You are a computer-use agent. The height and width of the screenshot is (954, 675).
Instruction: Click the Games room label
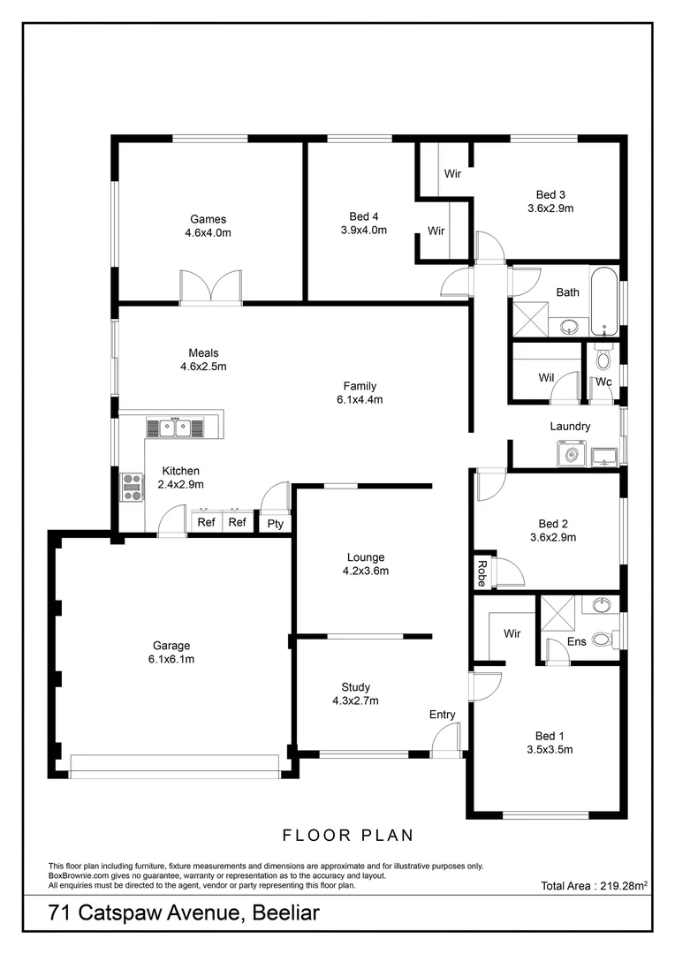point(208,219)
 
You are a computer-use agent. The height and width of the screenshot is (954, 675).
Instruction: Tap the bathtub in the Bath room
point(603,301)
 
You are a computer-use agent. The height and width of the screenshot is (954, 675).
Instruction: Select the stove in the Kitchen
point(132,488)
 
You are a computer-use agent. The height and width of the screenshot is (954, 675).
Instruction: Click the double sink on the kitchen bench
point(175,428)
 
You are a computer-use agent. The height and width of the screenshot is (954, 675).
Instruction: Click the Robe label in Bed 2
point(482,573)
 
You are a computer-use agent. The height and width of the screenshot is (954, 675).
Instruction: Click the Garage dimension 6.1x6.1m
point(171,659)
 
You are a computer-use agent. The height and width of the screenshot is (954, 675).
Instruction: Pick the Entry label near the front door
point(443,715)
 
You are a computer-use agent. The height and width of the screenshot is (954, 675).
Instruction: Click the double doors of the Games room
point(210,288)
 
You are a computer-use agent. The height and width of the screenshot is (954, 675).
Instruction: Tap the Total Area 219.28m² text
point(595,885)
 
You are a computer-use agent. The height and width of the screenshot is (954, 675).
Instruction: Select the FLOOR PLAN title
point(348,835)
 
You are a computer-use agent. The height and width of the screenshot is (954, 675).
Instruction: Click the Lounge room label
point(366,557)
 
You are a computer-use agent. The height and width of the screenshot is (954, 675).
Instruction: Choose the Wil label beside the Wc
point(546,378)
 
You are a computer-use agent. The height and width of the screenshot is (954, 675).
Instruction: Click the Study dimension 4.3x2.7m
point(355,701)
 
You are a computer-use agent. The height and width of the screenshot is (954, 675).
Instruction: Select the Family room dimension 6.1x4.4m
point(360,399)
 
